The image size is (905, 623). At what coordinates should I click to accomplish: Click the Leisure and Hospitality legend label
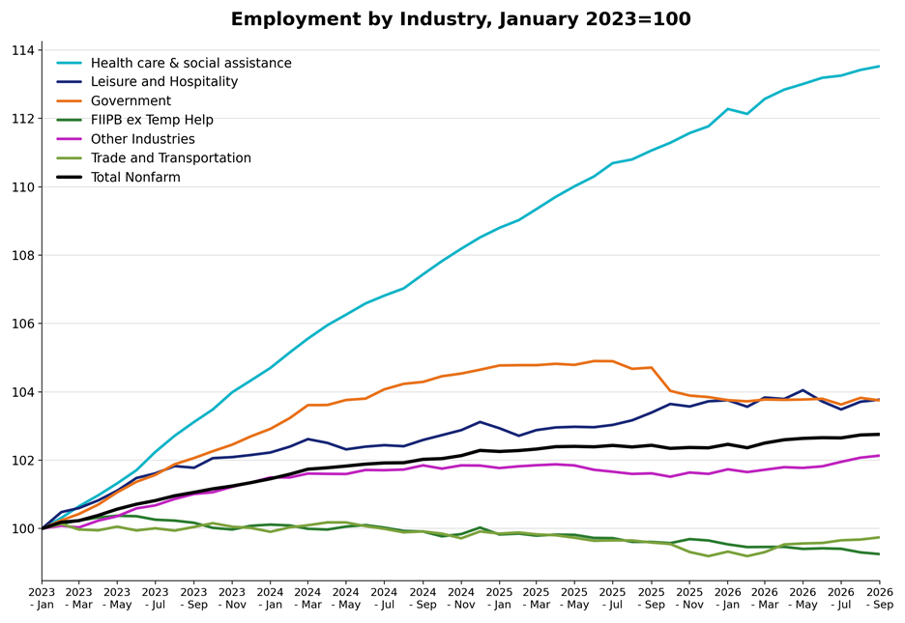(x=164, y=82)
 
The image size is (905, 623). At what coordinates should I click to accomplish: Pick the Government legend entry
(x=131, y=100)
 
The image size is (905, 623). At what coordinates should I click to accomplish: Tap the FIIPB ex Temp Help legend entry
(x=152, y=120)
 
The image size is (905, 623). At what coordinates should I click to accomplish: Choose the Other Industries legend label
(x=142, y=139)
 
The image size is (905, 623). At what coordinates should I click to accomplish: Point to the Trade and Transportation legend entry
(x=171, y=157)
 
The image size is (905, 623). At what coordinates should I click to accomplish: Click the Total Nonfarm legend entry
(x=135, y=177)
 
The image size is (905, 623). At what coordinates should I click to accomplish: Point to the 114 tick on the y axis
(x=23, y=51)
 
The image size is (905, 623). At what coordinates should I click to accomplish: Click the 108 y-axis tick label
(x=23, y=255)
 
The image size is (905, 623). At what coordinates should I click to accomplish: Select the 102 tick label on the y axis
(x=23, y=461)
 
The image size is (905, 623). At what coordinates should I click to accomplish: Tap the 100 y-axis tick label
(x=23, y=528)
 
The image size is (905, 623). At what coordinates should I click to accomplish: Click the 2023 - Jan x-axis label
(x=42, y=598)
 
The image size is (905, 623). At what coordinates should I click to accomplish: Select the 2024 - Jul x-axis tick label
(x=384, y=598)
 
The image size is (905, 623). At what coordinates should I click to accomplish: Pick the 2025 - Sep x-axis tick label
(x=651, y=598)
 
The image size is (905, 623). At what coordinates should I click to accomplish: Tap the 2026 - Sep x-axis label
(x=880, y=598)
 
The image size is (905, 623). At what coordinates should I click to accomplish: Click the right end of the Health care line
(x=879, y=67)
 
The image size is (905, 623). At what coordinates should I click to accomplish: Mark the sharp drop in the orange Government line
(x=660, y=380)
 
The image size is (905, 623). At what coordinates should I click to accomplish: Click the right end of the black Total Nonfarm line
(x=879, y=434)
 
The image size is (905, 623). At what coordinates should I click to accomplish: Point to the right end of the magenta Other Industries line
(x=879, y=456)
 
